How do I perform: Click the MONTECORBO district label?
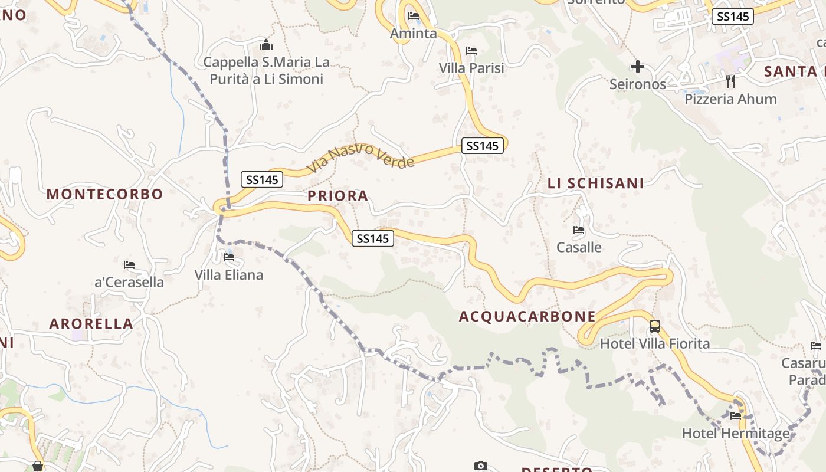click(104, 194)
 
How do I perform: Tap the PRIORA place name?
click(337, 196)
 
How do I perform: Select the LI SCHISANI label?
click(595, 183)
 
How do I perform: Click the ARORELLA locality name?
click(91, 324)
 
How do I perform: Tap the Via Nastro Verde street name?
click(360, 157)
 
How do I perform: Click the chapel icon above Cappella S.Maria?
click(266, 45)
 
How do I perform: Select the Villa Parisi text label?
click(471, 68)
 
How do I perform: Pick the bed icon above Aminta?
click(414, 16)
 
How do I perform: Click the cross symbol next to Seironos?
click(637, 67)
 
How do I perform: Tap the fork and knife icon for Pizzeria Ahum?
click(730, 81)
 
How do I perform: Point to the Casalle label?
click(579, 247)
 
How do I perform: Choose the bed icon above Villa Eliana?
click(229, 257)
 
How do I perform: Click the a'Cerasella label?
click(129, 282)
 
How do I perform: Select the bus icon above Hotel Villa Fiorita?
click(655, 326)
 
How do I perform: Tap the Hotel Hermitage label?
click(735, 434)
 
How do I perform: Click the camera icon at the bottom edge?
click(481, 466)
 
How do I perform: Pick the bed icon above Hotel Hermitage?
click(735, 416)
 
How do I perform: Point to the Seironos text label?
click(637, 84)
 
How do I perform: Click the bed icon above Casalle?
click(579, 230)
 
